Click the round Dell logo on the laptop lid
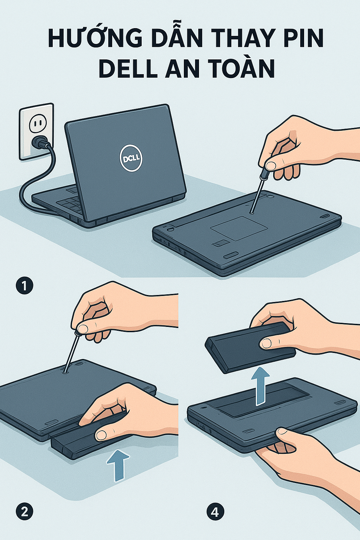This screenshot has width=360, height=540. (x=131, y=158)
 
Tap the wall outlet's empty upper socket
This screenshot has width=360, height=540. (x=37, y=124)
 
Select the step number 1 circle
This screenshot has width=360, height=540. (x=24, y=286)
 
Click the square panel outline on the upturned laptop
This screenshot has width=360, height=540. (x=239, y=228)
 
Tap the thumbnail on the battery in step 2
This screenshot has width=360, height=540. (x=101, y=435)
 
